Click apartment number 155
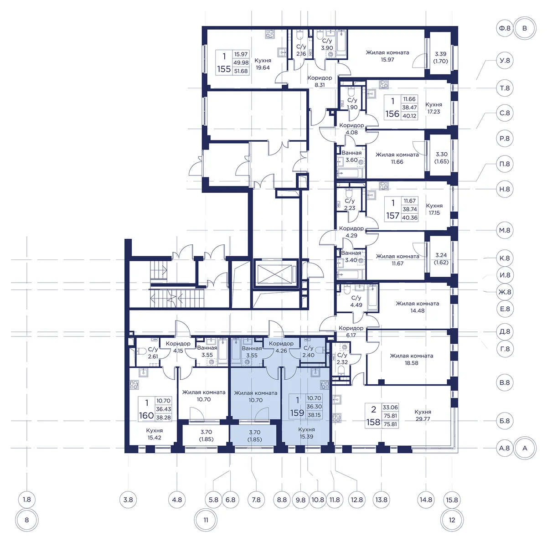[224, 69]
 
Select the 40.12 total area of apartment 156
[409, 116]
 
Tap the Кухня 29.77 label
[423, 415]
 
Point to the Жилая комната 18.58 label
[411, 359]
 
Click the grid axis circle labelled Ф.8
[505, 28]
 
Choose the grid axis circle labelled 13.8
[381, 500]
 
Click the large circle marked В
[524, 28]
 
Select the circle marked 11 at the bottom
[206, 520]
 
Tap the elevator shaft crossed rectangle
[274, 274]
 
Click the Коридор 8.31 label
[320, 81]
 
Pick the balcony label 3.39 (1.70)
[440, 57]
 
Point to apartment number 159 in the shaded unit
[297, 413]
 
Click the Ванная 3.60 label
[351, 156]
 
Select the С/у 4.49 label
[356, 301]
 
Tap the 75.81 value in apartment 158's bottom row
[390, 424]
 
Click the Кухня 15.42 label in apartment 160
[154, 434]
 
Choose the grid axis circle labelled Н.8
[505, 189]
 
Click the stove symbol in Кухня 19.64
[270, 34]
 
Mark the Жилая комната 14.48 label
[417, 307]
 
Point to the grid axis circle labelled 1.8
[27, 500]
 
